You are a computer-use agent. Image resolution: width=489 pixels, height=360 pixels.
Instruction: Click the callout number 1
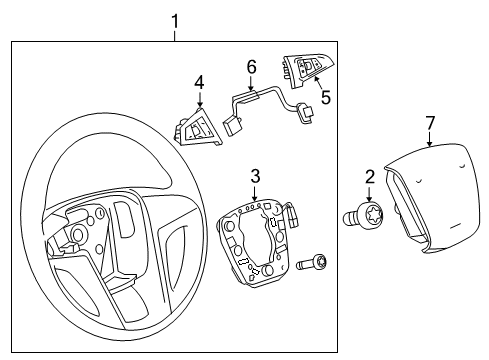tap(175, 19)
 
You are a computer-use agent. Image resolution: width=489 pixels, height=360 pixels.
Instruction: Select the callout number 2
tap(369, 177)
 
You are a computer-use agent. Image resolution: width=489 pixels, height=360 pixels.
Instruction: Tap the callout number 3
tap(255, 177)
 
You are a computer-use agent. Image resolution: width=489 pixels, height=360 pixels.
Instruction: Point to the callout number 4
tap(199, 83)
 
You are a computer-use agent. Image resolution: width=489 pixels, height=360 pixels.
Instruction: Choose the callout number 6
tap(252, 67)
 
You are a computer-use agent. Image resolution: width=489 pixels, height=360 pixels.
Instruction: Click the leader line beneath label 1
tap(175, 34)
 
